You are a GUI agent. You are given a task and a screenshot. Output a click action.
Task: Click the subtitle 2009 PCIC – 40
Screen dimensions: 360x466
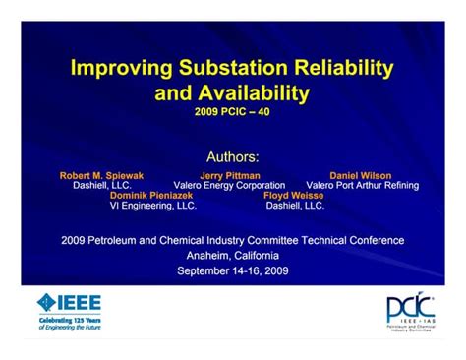point(233,112)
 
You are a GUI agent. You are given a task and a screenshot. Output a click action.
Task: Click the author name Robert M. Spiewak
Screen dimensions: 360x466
point(101,175)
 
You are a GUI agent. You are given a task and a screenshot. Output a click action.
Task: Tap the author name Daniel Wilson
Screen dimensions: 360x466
point(362,175)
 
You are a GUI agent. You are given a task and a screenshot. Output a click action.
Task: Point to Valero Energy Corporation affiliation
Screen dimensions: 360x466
point(229,185)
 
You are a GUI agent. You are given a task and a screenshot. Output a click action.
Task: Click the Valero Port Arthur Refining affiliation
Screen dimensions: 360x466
point(362,185)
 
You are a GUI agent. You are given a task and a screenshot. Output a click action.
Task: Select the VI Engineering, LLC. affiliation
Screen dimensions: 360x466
point(153,206)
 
